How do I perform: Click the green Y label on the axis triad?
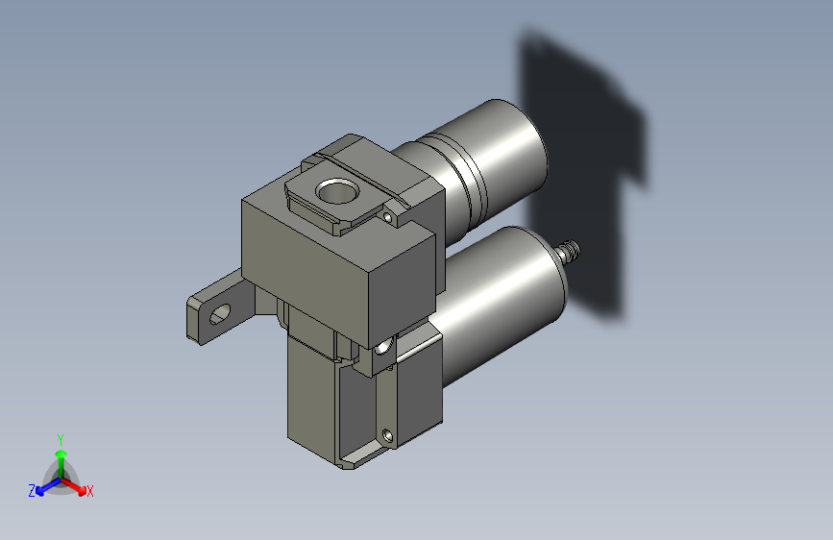(x=60, y=438)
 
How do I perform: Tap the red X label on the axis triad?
(x=90, y=491)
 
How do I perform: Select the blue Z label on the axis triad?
(x=32, y=490)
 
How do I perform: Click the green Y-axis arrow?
(x=60, y=455)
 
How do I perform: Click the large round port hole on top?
(x=336, y=189)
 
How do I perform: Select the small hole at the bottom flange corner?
(x=389, y=437)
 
